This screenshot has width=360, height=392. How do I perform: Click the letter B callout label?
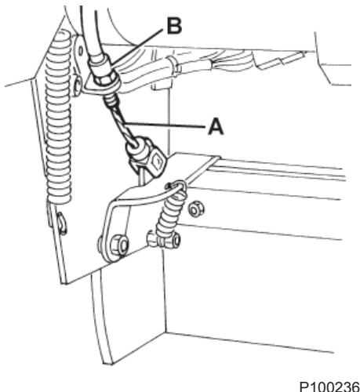(174, 26)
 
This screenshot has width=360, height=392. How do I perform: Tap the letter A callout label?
(216, 126)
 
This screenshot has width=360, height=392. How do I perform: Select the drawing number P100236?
(329, 387)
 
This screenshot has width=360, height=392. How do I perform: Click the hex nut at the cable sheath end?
(104, 78)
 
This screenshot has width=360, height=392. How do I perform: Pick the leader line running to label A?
(164, 125)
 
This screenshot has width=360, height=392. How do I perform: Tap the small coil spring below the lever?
(170, 213)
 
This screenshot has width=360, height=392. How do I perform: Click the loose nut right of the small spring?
(195, 209)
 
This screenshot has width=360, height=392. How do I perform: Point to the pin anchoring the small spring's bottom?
(164, 239)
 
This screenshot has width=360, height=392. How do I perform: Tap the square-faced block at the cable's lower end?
(156, 162)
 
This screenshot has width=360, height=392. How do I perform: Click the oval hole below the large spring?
(62, 223)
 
